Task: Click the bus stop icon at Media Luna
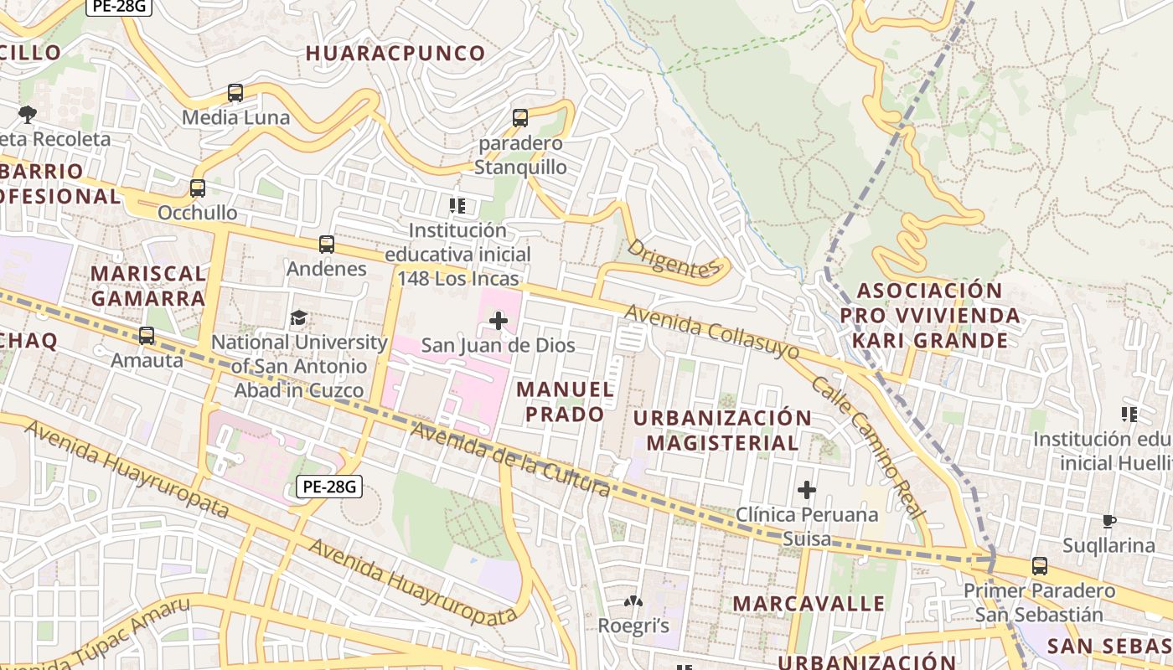point(235,93)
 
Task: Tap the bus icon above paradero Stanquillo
point(520,118)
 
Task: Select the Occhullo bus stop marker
point(198,188)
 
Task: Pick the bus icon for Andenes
point(327,245)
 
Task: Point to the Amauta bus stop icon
point(147,336)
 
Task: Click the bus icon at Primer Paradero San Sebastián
point(1040,566)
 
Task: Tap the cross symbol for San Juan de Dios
point(499,321)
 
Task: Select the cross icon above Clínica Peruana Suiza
point(807,490)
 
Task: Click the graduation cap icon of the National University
point(298,317)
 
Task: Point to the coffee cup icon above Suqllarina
point(1109,522)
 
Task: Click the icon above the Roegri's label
point(633,601)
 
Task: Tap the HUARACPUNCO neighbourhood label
point(395,54)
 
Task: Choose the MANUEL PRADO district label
point(565,402)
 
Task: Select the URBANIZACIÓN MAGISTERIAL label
point(722,430)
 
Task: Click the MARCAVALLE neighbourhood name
point(809,604)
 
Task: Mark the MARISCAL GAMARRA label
point(148,286)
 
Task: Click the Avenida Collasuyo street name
point(711,332)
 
